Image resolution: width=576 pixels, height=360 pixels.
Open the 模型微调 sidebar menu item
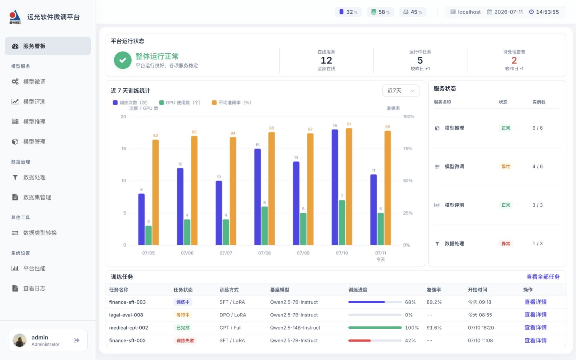coord(29,82)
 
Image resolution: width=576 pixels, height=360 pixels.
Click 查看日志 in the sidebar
coord(29,288)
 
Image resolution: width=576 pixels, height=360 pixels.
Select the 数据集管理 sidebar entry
coord(31,197)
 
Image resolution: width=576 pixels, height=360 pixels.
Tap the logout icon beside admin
coord(77,340)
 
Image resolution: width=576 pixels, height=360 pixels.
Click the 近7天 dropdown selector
coord(401,90)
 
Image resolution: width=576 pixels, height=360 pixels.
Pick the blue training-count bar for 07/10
coord(335,187)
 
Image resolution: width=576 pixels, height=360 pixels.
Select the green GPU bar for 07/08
coord(264,226)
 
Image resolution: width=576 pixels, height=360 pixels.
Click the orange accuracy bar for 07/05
coord(156,192)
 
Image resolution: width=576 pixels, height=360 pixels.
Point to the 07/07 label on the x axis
coord(226,253)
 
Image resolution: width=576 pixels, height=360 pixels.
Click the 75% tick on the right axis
coord(408,149)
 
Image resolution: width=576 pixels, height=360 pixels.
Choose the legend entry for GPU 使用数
coord(180,102)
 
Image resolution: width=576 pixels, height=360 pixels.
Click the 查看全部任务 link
coord(543,277)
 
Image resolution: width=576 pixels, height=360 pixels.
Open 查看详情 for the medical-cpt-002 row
coord(535,328)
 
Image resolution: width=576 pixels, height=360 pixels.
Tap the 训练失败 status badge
coord(185,340)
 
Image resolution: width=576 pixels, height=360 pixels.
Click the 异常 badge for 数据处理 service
coord(506,244)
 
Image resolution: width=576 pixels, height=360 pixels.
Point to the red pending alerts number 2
coord(514,60)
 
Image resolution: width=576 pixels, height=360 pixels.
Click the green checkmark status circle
coord(123,60)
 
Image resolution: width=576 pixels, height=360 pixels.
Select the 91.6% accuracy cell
coord(434,328)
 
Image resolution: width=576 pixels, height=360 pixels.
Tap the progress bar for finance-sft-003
coord(375,302)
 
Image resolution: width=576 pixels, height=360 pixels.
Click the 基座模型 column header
coord(280,290)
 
